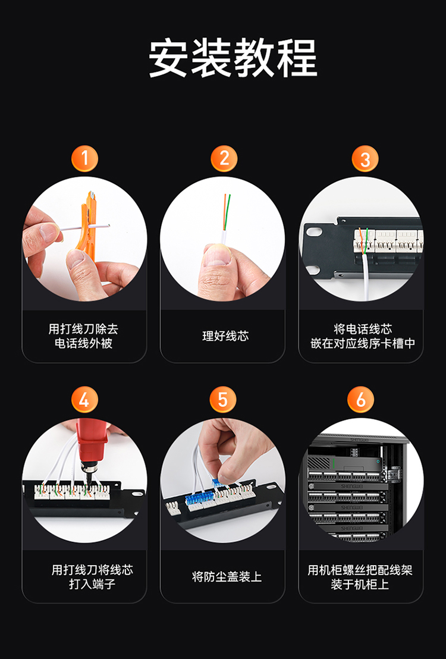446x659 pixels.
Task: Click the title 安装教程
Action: pos(233,58)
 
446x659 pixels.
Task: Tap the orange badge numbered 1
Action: pos(84,158)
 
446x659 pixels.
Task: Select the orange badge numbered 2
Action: pos(224,158)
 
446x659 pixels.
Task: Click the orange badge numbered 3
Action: pos(365,158)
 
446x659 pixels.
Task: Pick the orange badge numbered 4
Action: pos(84,399)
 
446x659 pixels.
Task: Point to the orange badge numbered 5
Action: pos(223,399)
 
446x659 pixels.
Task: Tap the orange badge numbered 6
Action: pos(361,399)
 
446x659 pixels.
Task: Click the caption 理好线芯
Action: pos(225,336)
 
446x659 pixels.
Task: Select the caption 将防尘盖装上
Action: pos(227,577)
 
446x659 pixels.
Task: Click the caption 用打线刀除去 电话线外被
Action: pos(83,336)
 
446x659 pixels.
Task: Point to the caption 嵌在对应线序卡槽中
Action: pos(363,343)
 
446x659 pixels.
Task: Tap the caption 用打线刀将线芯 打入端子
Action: pos(92,577)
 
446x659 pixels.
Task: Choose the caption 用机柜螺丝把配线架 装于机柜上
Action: pos(360,577)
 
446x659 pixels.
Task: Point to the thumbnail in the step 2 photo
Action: pos(217,256)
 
